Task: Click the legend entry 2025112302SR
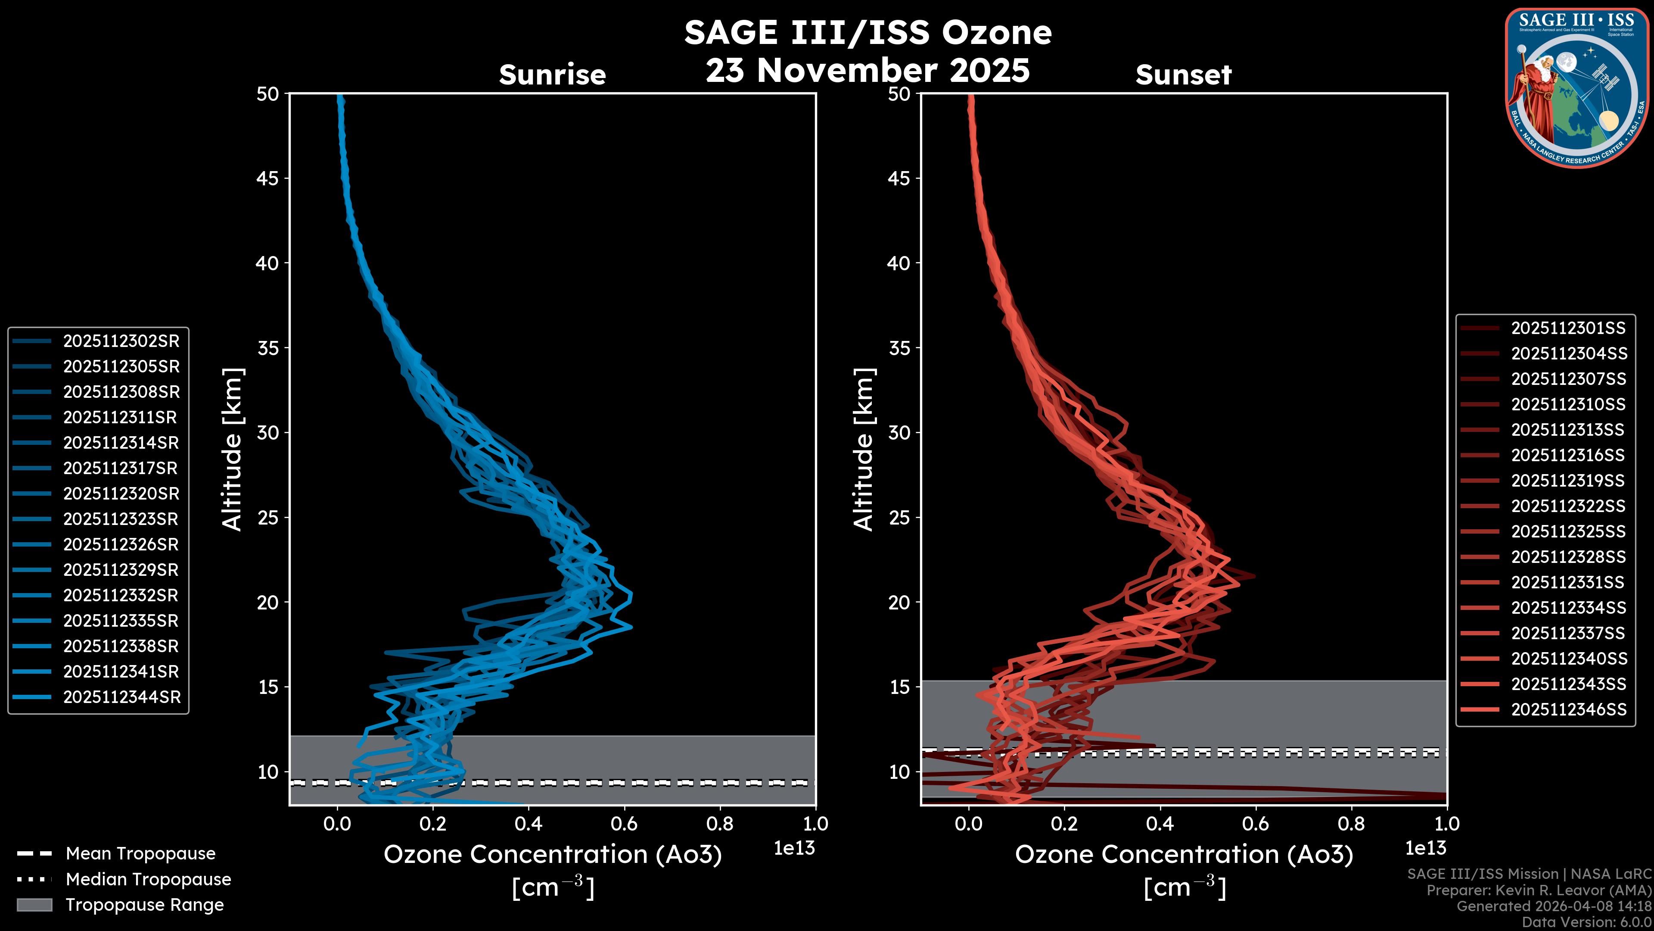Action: point(121,341)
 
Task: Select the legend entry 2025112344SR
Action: point(121,697)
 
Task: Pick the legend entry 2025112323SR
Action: point(121,519)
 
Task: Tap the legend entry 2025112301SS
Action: point(1568,328)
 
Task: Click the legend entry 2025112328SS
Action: point(1568,557)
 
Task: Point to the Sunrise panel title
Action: point(552,75)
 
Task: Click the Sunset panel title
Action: point(1183,75)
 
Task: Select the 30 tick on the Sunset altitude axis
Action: point(899,432)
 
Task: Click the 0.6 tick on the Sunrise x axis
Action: point(624,824)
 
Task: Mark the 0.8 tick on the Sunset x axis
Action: point(1351,824)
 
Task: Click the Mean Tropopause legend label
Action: point(140,854)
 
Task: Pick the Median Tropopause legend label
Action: point(148,880)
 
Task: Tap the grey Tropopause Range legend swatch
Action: point(34,905)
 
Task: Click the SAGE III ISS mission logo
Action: point(1575,87)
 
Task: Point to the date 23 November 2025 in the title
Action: point(867,71)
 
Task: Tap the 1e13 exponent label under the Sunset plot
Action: point(1425,849)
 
